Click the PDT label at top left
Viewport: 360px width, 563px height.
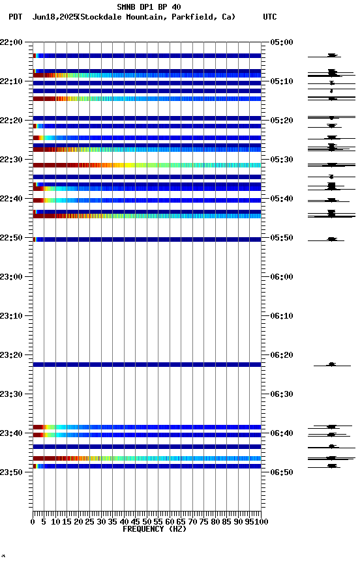(15, 17)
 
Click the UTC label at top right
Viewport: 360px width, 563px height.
(269, 17)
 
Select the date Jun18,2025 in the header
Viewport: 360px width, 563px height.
(53, 17)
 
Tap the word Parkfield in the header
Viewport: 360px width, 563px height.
(194, 17)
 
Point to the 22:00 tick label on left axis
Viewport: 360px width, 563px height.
(12, 42)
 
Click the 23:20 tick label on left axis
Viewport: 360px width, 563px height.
(12, 355)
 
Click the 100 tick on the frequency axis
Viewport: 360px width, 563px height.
(262, 522)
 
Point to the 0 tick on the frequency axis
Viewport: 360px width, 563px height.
(33, 522)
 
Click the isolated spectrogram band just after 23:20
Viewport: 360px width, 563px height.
(147, 364)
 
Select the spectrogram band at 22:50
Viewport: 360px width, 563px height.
(147, 239)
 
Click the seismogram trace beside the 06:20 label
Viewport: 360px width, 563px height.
(332, 364)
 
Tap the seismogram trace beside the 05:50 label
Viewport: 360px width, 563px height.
(332, 239)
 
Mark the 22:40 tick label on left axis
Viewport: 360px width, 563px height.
(12, 199)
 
